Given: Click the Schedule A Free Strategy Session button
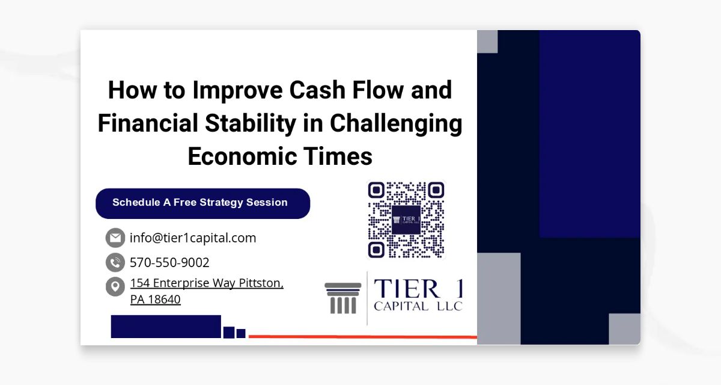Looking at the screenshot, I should tap(202, 203).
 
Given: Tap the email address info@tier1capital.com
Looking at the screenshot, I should tap(193, 238).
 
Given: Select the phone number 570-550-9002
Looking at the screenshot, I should tap(169, 262).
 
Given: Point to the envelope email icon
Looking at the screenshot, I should tap(115, 238).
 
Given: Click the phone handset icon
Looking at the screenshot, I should tap(115, 262).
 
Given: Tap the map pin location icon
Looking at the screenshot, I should tap(115, 286).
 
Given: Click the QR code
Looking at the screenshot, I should tap(406, 220).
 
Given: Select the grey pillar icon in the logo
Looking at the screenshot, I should tap(343, 298).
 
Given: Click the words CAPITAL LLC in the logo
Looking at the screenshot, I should tap(418, 307).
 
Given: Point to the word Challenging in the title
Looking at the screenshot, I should tap(397, 123).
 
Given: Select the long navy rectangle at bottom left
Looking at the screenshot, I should tap(166, 326).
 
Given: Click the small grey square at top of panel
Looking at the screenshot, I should tap(487, 42).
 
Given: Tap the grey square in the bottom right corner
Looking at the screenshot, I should tap(624, 329).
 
